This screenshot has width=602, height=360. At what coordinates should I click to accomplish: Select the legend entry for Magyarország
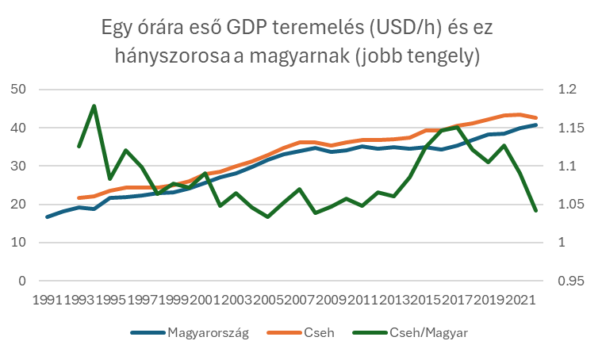coord(209,333)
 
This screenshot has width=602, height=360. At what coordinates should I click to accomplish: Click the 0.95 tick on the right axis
coord(567,281)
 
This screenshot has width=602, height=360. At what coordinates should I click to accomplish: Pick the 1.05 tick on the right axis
coord(567,205)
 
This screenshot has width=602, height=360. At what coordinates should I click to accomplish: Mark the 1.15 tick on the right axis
coord(567,128)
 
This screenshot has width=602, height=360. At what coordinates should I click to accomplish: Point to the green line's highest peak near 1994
coord(94,105)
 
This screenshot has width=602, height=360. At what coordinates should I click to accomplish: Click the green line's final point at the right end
coord(536,210)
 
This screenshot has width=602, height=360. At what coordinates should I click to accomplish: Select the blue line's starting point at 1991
coord(48,216)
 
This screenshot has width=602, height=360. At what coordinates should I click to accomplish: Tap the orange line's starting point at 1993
coord(79,197)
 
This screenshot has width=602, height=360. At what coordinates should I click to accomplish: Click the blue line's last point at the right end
coord(536,125)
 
